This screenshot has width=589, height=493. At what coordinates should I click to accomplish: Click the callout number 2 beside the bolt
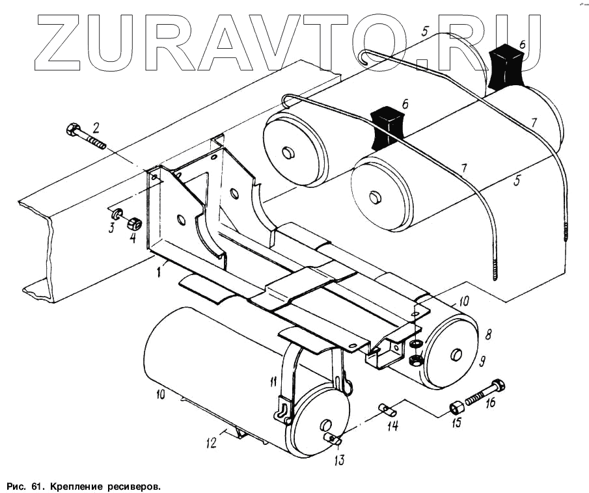click(95, 126)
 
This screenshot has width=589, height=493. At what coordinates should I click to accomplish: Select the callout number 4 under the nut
click(132, 237)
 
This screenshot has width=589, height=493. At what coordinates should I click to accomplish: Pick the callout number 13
click(340, 460)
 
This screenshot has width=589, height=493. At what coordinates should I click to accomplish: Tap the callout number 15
click(457, 423)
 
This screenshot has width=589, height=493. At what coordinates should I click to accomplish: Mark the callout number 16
click(489, 403)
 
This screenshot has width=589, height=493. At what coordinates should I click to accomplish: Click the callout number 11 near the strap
click(273, 382)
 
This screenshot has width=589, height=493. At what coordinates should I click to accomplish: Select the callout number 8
click(487, 335)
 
